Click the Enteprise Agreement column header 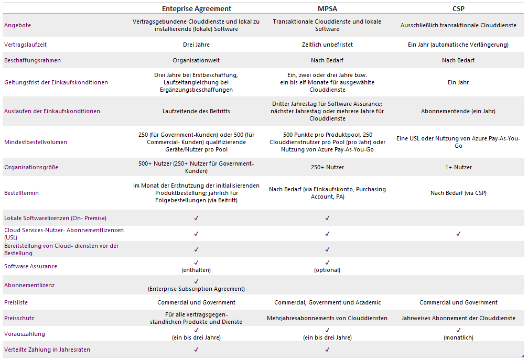pos(196,8)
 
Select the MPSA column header pos(327,8)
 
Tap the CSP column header pos(458,8)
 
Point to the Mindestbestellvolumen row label pos(35,142)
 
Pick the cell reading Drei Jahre pos(196,45)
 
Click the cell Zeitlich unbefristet pos(327,45)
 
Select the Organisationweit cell pos(196,60)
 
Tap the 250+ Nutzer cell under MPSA pos(327,167)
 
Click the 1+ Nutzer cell pos(458,167)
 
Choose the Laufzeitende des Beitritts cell pos(196,111)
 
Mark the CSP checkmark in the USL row pos(458,234)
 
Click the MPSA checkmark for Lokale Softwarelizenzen pos(327,218)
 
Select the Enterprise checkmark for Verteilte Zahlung pos(196,350)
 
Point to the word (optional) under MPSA pos(327,270)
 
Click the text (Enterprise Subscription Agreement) pos(196,289)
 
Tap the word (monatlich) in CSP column pos(458,337)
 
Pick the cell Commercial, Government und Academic pos(327,302)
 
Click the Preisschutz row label pos(19,318)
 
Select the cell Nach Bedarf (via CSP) pos(458,193)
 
